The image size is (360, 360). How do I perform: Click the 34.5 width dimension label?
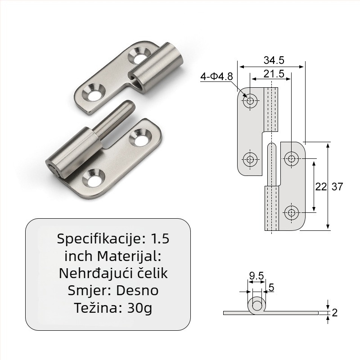pyautogui.click(x=274, y=60)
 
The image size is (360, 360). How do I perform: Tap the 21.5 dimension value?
pyautogui.click(x=274, y=74)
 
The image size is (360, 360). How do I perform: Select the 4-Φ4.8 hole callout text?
pyautogui.click(x=217, y=76)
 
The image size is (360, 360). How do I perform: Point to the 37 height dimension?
pyautogui.click(x=337, y=187)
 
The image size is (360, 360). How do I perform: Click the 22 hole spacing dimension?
pyautogui.click(x=321, y=187)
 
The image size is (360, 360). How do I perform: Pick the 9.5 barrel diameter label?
pyautogui.click(x=256, y=276)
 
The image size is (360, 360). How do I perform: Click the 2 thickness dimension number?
pyautogui.click(x=334, y=313)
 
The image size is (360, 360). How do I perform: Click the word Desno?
pyautogui.click(x=137, y=291)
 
